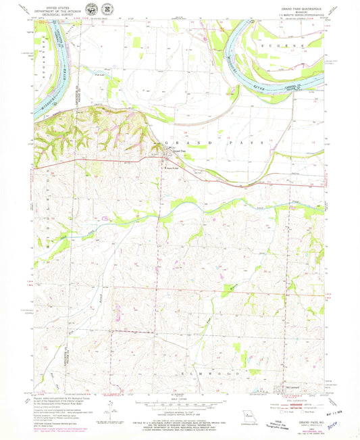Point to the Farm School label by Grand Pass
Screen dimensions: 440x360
(x=182, y=168)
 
